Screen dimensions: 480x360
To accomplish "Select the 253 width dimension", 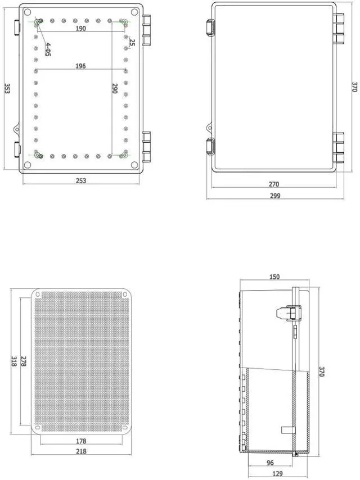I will [80, 180].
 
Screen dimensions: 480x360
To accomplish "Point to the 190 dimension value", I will [80, 29].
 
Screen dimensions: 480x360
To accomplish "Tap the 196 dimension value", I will [80, 66].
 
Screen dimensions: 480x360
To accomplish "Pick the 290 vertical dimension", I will [115, 89].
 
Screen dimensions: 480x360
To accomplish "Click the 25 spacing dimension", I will [132, 42].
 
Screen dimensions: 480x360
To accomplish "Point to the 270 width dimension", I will [274, 184].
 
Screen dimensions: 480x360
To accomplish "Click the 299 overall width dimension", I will [274, 196].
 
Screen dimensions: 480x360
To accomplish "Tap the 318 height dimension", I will [13, 361].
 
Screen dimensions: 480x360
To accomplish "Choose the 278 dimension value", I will [23, 361].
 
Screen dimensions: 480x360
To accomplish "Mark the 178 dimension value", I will [82, 441].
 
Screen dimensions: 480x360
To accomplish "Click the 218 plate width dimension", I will [82, 451].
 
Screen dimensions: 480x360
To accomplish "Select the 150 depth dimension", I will [274, 277].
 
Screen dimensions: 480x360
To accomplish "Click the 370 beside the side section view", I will [322, 371].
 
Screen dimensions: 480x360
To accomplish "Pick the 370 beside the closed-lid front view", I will [354, 87].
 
